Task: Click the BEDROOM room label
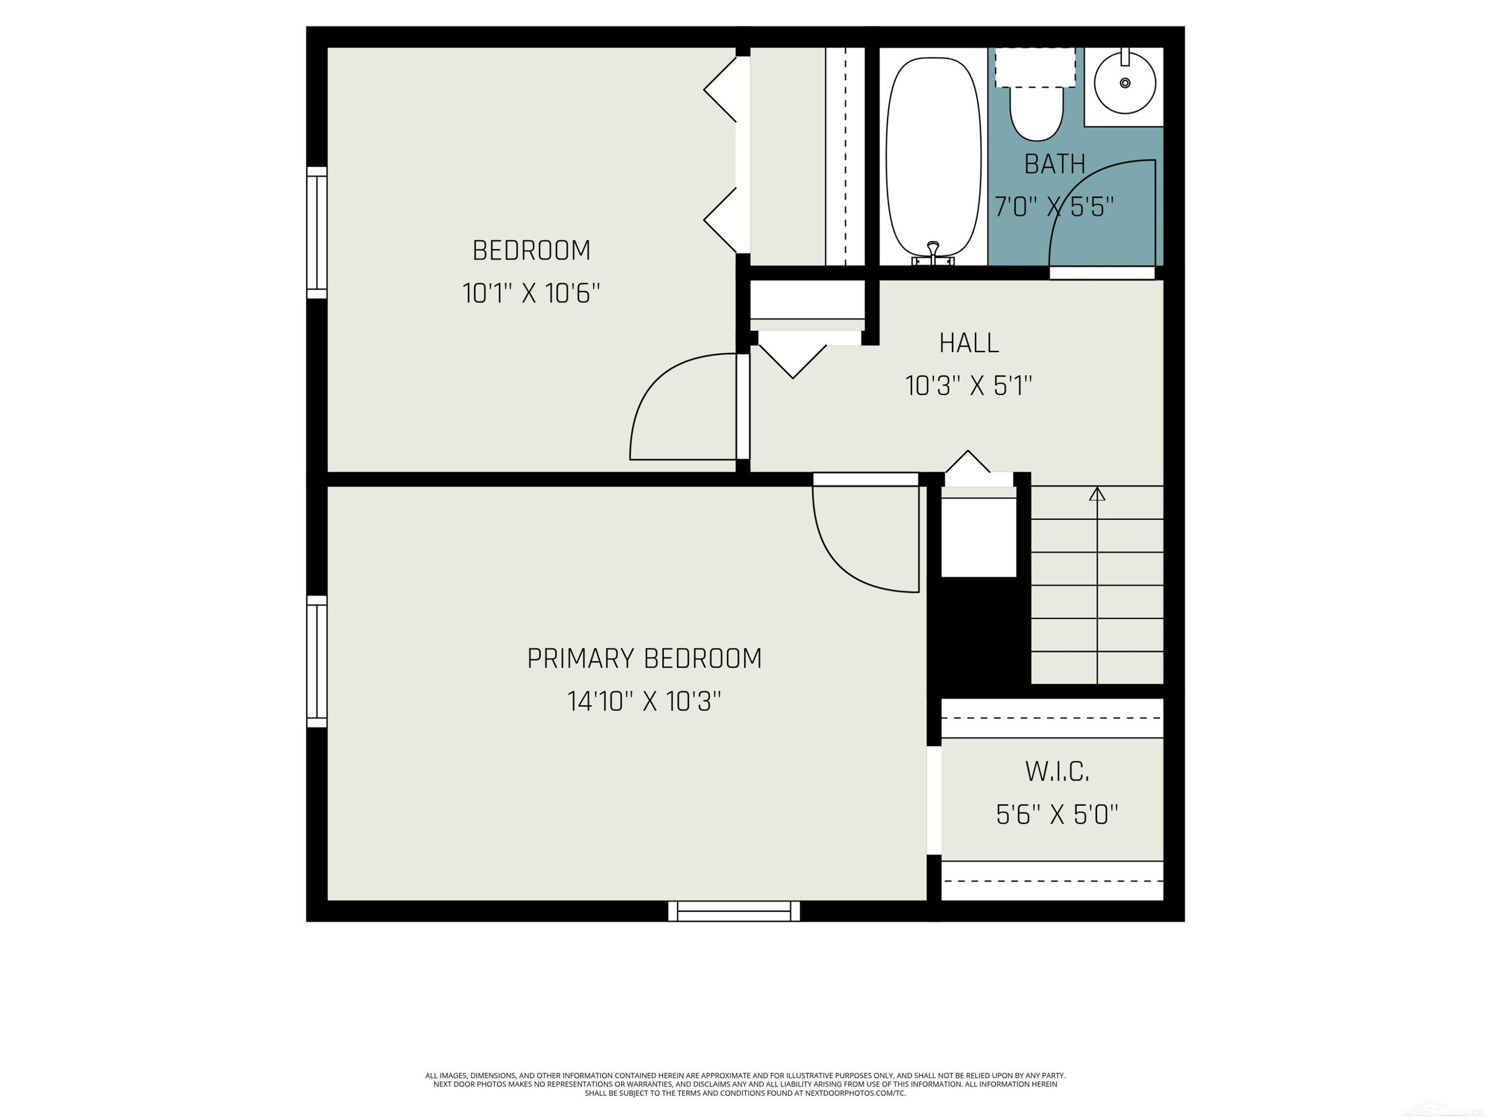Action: click(x=531, y=251)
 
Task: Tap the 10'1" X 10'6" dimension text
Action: click(x=531, y=294)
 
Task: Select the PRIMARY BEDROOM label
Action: click(x=645, y=658)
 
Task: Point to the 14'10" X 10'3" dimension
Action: click(x=645, y=702)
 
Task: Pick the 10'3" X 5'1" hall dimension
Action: click(x=969, y=386)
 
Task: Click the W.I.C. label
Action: click(x=1057, y=772)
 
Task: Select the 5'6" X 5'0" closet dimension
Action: click(x=1057, y=815)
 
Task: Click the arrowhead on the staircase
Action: click(x=1097, y=494)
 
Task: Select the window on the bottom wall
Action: click(x=734, y=911)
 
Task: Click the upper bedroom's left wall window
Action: click(x=317, y=233)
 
